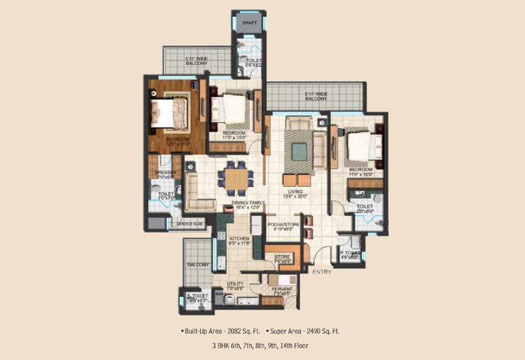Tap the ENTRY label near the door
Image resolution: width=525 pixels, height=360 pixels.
point(322,271)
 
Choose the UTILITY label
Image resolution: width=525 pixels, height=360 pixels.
point(236,283)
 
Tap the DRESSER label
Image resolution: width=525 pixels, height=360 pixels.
point(165,172)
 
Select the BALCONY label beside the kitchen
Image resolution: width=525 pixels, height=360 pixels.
point(198,265)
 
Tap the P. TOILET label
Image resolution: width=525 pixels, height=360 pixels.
point(348,253)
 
